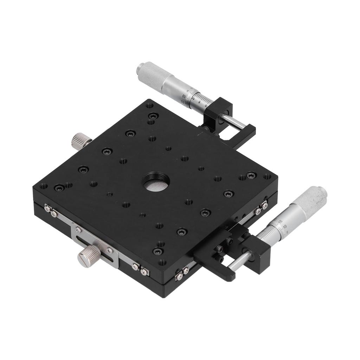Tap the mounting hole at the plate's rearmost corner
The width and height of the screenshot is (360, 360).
pos(149,105)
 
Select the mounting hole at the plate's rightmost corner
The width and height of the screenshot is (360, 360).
pos(267,176)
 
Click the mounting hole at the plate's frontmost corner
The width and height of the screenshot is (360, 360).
pos(162,262)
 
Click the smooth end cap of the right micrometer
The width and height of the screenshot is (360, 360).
pos(322,192)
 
